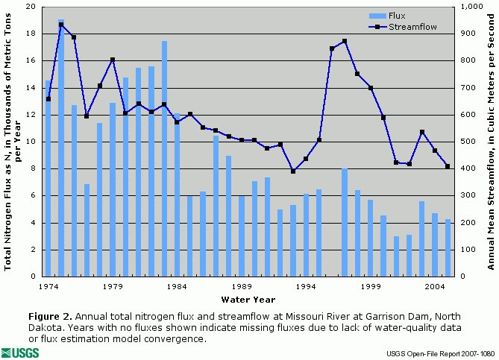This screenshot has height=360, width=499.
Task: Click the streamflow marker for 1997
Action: tap(345, 41)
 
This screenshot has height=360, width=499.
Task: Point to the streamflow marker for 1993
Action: tap(293, 171)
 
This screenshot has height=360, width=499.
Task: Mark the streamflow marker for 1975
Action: tap(61, 25)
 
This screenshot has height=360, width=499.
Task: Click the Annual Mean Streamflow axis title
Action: tap(491, 142)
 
